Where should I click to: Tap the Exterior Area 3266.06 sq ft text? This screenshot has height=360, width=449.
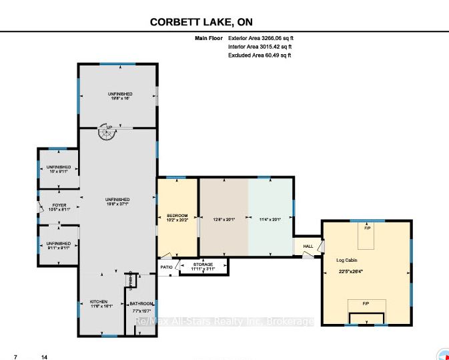coord(260,39)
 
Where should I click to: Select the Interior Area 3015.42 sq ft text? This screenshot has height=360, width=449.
coord(260,47)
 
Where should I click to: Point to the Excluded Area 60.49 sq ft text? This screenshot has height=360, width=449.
coord(260,55)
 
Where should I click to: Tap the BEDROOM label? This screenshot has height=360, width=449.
coord(177,215)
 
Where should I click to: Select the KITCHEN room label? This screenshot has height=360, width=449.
coord(99,302)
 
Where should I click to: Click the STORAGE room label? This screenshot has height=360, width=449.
coord(203,264)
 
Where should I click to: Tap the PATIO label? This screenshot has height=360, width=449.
coord(166,267)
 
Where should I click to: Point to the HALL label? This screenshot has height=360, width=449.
coord(307,246)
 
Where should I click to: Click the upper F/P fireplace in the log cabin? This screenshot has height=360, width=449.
coord(366,228)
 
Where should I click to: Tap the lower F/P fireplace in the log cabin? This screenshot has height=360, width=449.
coord(366,304)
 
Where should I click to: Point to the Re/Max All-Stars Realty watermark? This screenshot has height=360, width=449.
coord(224,322)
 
